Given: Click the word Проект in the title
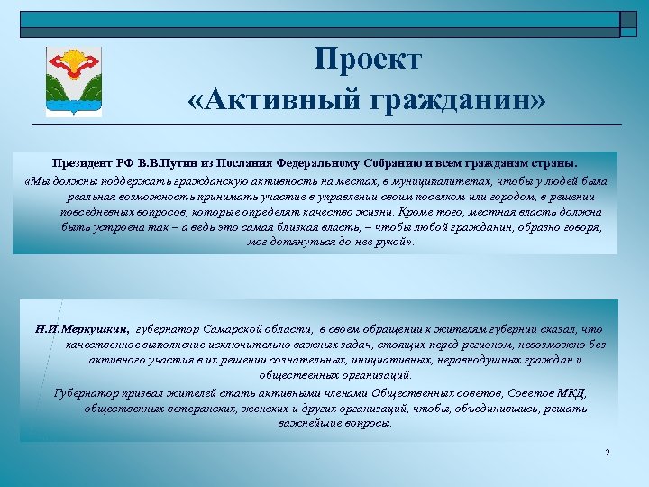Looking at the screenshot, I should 368,60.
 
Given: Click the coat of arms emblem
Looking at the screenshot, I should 73,82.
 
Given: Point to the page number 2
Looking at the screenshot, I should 608,452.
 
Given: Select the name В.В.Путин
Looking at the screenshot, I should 175,165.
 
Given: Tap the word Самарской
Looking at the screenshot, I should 225,329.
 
